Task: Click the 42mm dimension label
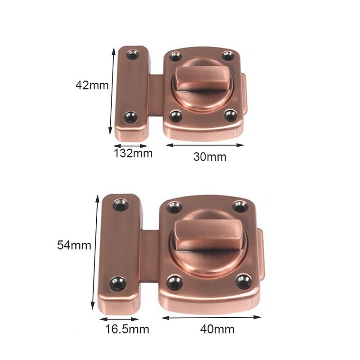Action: point(92,85)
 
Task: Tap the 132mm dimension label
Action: point(133,154)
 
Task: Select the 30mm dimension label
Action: point(210,157)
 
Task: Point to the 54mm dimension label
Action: point(74,245)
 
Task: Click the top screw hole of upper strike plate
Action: point(133,55)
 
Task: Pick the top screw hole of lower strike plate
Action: point(121,205)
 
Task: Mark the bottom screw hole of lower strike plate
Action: point(119,283)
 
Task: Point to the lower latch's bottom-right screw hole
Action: point(243,282)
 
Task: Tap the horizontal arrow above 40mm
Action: point(211,317)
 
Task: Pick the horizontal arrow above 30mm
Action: point(205,145)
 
